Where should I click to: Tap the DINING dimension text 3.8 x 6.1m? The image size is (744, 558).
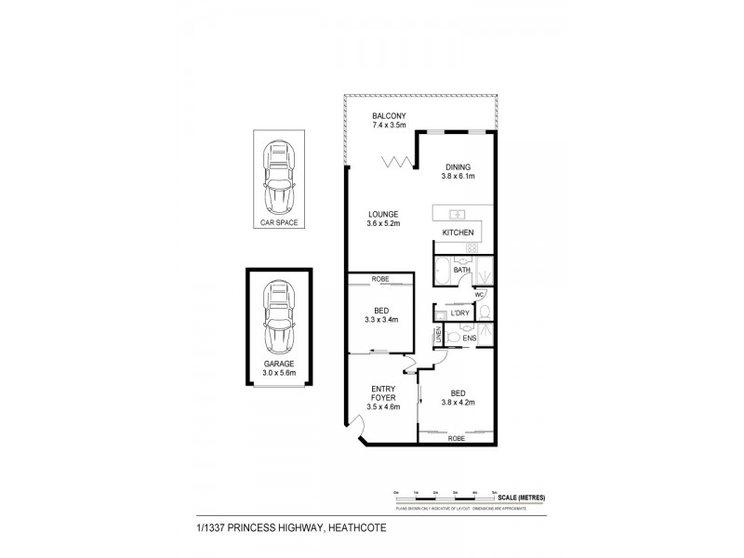[x=458, y=177]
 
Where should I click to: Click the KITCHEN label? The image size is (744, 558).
[x=458, y=232]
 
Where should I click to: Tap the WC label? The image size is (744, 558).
[x=479, y=296]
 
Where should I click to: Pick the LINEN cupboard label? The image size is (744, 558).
[x=436, y=337]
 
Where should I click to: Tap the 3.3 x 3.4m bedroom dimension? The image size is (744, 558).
[x=379, y=320]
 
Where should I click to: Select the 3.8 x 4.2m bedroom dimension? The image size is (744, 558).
[x=458, y=403]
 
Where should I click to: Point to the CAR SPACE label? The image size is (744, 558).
[x=278, y=224]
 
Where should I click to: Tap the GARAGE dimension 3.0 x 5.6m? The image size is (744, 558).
[x=278, y=375]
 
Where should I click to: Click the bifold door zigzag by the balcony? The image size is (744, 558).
[x=397, y=164]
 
